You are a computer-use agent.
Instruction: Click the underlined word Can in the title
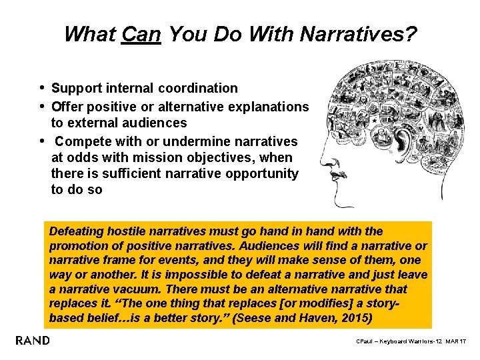tap(141, 34)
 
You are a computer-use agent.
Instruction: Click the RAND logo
tap(33, 341)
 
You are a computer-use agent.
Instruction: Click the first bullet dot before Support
tap(43, 87)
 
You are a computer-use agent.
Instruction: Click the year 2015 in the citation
tap(353, 319)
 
